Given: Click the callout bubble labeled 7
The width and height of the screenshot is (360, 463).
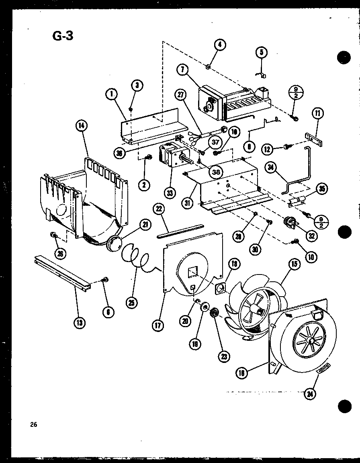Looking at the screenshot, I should click(x=182, y=70).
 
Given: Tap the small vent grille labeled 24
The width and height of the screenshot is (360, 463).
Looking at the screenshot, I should click(x=323, y=368).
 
